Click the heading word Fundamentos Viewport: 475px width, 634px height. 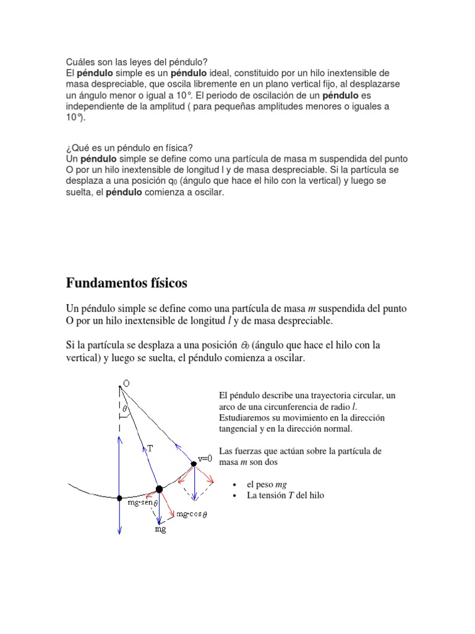coord(106,284)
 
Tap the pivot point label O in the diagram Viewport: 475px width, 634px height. coord(127,384)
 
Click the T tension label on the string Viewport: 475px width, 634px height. coord(150,447)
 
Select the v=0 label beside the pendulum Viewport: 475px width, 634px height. coord(205,459)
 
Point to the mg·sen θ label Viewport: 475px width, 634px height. coord(143,503)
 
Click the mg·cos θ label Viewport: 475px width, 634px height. coord(192,514)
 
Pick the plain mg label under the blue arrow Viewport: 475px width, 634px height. coord(160,529)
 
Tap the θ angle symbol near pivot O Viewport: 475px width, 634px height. coord(125,409)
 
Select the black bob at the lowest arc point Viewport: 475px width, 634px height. coord(120,498)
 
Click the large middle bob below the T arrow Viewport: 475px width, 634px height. coord(159,489)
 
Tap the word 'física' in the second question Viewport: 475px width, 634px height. coord(178,148)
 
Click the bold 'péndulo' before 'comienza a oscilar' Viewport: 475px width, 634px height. coord(124,193)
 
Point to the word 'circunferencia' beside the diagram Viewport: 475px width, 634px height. coord(285,406)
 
